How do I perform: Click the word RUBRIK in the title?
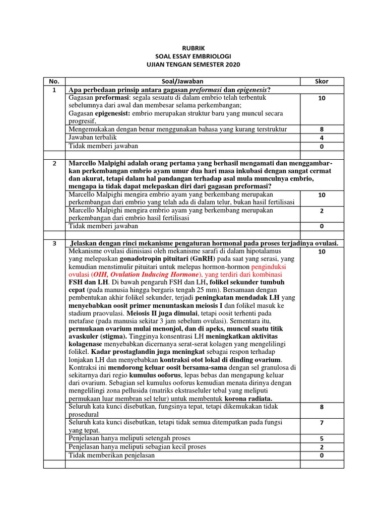tap(193, 49)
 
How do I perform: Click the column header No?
tap(54, 81)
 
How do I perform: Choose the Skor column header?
tap(321, 81)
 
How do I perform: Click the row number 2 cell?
tap(54, 164)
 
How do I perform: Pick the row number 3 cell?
tap(54, 243)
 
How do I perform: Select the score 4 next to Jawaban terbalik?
tap(321, 138)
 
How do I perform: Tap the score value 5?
tap(321, 438)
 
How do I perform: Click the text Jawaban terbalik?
tap(93, 138)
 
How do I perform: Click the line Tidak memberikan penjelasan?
tap(112, 455)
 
